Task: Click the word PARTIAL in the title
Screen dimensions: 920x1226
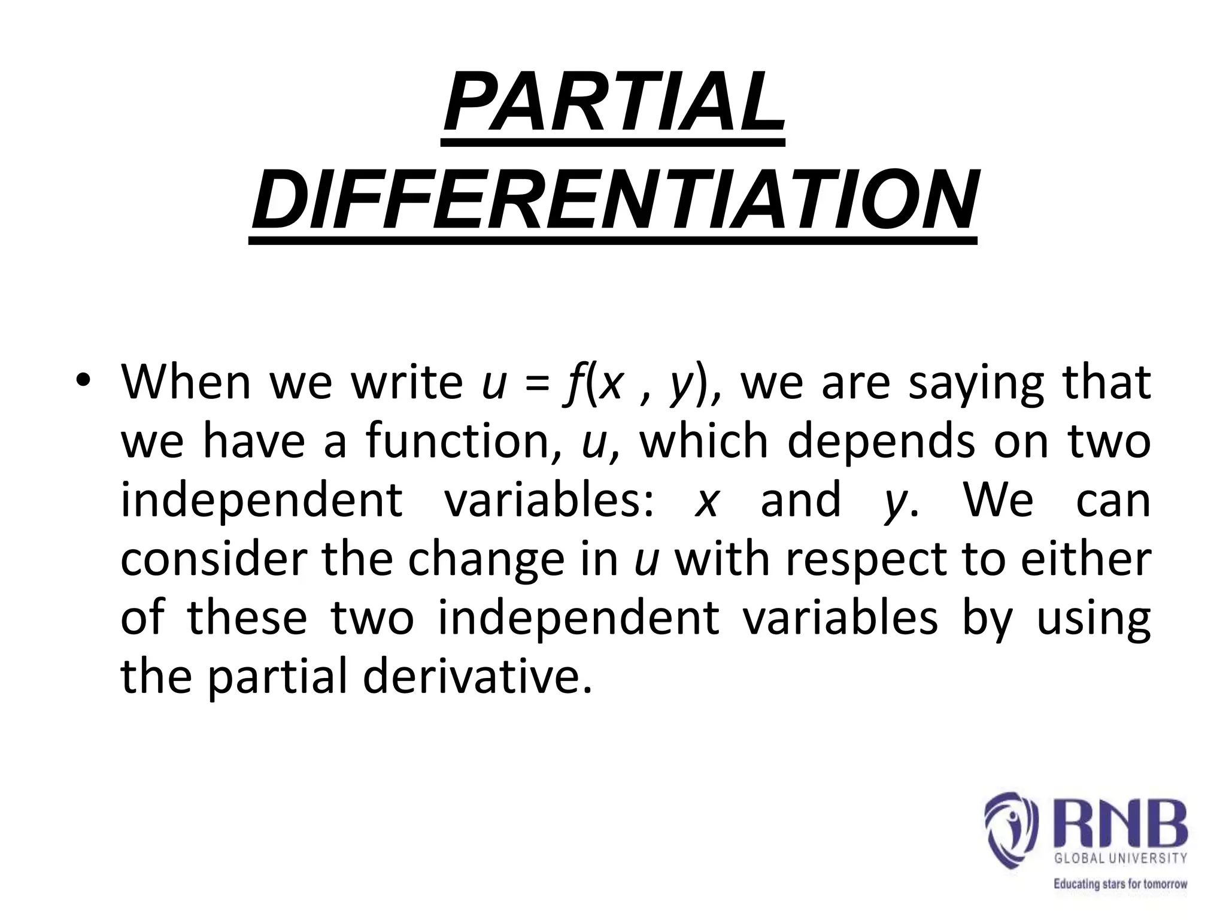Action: tap(613, 104)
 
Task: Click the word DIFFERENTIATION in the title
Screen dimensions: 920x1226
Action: tap(613, 201)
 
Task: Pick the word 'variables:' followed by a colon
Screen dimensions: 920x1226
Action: tap(548, 500)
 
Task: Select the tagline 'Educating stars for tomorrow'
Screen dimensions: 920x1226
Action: tap(1120, 883)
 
